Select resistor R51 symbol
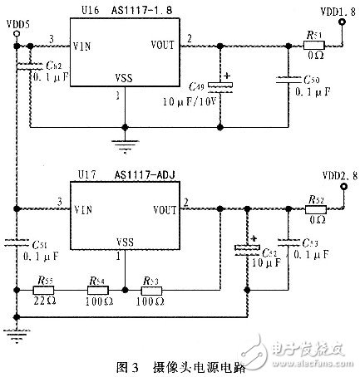coord(314,44)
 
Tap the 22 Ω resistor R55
coord(43,290)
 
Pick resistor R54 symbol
coord(96,290)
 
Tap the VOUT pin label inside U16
coord(163,45)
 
